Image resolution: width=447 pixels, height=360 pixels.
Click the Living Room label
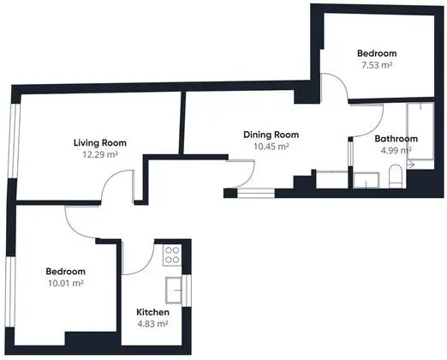tap(100, 142)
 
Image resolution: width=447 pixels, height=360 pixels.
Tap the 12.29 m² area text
tap(100, 154)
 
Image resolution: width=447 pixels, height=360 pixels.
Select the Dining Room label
tap(271, 135)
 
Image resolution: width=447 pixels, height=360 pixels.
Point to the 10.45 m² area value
tap(271, 147)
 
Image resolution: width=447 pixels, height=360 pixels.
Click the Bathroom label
tap(396, 139)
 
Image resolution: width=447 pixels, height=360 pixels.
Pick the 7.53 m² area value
tap(377, 65)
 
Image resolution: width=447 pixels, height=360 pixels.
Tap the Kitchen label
tap(152, 312)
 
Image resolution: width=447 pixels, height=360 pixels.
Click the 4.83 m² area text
tap(152, 324)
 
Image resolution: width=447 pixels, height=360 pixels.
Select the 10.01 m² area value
tap(66, 283)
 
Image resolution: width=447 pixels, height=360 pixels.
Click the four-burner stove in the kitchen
tap(172, 255)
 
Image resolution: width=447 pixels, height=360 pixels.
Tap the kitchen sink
tap(174, 290)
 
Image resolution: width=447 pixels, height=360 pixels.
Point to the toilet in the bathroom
tap(396, 176)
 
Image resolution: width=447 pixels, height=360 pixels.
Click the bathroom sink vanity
tap(367, 180)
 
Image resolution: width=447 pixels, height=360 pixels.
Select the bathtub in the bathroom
tap(420, 135)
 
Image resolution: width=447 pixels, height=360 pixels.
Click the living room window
tap(14, 141)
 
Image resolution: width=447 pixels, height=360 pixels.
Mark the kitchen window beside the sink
tap(187, 291)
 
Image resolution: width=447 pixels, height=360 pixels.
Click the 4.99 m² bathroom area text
tap(396, 150)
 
